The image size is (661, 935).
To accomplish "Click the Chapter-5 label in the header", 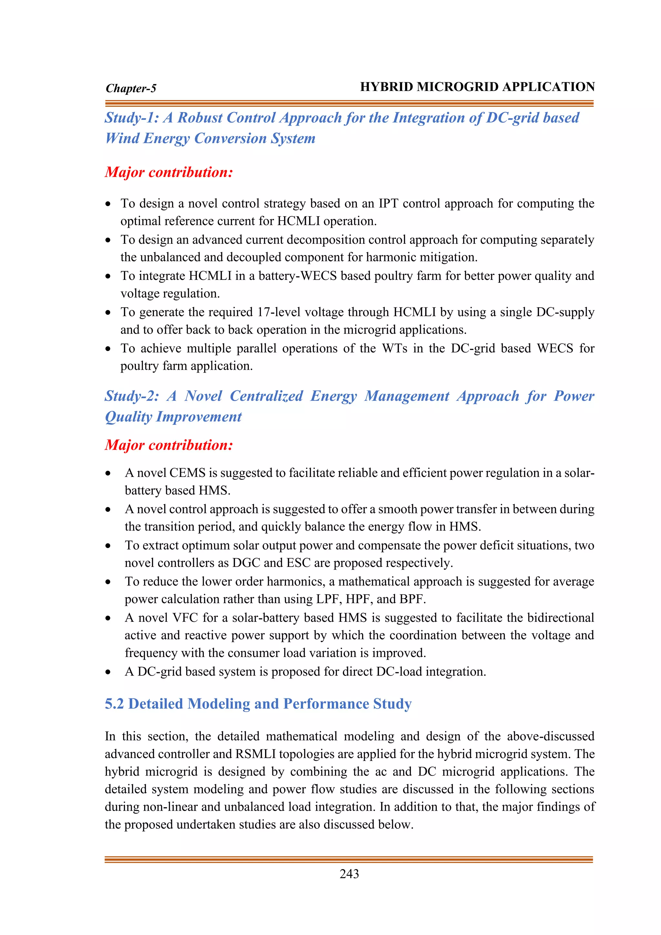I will (x=131, y=88).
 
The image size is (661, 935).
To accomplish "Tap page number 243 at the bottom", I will (x=349, y=874).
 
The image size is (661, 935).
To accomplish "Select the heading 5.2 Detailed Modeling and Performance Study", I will (x=258, y=704).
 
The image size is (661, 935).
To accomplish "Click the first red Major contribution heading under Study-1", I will (x=169, y=172).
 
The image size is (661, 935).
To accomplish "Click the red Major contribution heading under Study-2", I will (x=169, y=445).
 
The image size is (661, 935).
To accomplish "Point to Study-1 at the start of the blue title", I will (x=131, y=118).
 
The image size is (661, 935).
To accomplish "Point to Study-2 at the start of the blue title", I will (x=131, y=396).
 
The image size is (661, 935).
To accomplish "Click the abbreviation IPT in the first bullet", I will (x=388, y=203).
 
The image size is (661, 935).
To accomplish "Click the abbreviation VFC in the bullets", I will (x=185, y=618).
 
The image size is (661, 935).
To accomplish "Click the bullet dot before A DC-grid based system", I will (x=108, y=672).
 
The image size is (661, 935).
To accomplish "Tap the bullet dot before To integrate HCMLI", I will (x=108, y=276).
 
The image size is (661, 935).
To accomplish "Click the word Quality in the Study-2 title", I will (x=128, y=417).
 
